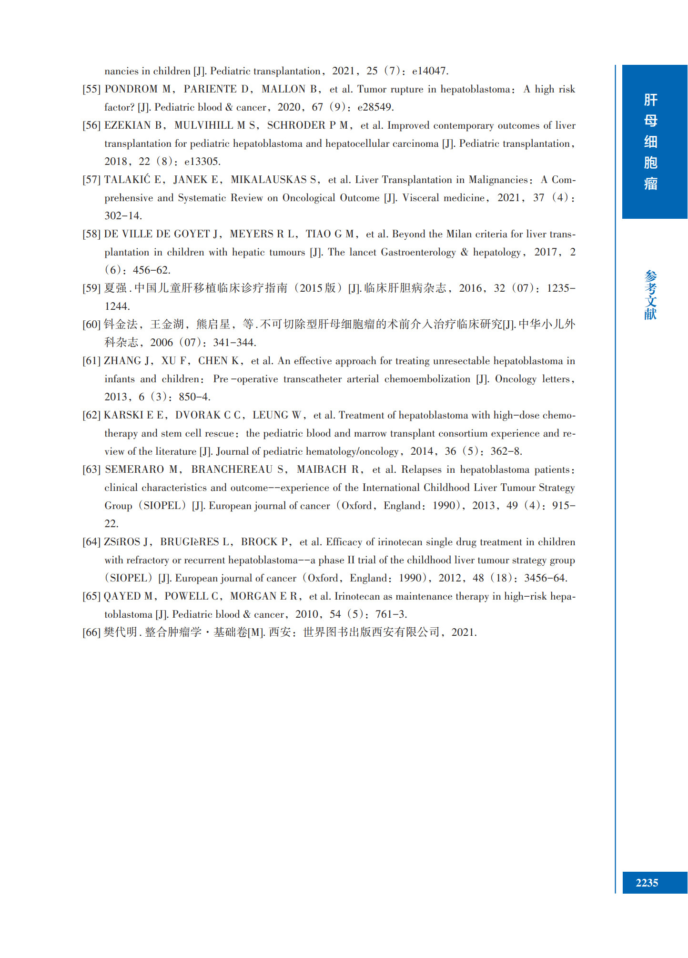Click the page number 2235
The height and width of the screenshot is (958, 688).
647,883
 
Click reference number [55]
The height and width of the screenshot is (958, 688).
91,89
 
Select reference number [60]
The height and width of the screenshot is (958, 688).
91,325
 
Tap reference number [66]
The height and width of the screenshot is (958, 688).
91,632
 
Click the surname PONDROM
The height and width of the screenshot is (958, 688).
131,89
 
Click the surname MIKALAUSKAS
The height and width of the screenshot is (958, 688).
269,180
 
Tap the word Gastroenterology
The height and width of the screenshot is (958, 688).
418,252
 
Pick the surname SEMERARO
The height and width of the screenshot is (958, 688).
134,469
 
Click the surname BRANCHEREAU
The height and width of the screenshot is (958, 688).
232,469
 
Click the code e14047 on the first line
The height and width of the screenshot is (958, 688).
429,71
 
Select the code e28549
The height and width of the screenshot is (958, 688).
375,107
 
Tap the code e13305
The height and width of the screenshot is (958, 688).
202,162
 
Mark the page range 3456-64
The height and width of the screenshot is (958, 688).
545,578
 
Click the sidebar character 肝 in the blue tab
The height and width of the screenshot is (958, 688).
650,100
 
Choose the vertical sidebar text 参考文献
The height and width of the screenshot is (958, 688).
650,295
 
